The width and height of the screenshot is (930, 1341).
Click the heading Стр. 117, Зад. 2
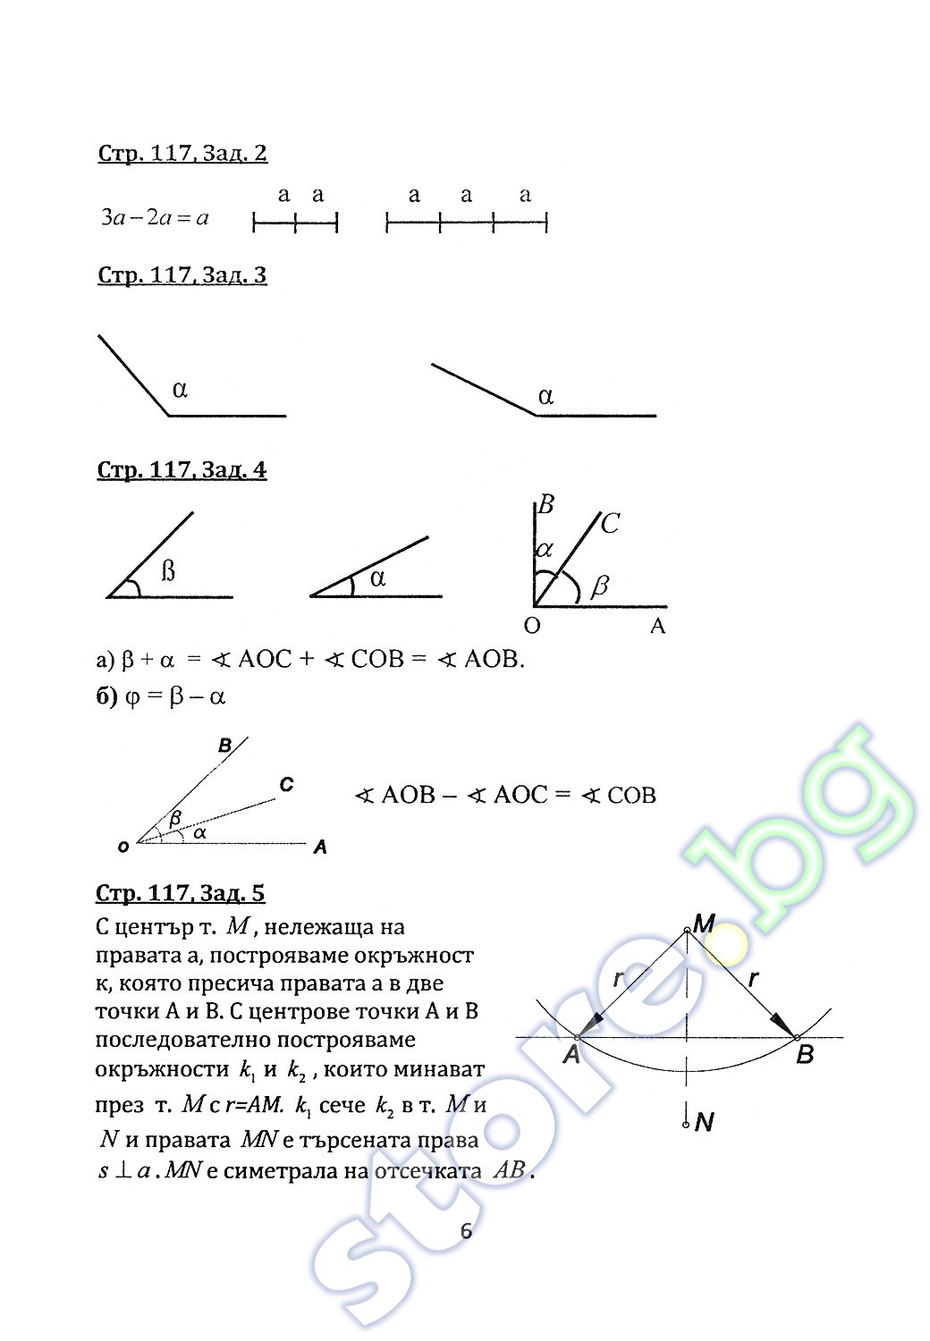[x=182, y=154]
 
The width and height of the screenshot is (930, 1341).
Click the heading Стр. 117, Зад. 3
[x=182, y=275]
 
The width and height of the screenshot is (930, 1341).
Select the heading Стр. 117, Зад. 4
[x=182, y=470]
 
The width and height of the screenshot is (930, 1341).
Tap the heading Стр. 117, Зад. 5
[x=181, y=894]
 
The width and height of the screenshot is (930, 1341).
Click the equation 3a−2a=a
[x=155, y=218]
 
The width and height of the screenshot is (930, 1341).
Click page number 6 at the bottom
[x=466, y=1232]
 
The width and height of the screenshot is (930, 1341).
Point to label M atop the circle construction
[x=705, y=923]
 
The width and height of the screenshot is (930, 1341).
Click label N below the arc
[x=705, y=1122]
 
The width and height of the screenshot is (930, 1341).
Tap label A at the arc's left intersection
[x=572, y=1056]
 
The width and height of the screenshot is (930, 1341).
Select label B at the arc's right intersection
[x=805, y=1056]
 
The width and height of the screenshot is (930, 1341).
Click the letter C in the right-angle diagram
[x=610, y=524]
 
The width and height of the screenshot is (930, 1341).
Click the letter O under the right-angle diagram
[x=532, y=627]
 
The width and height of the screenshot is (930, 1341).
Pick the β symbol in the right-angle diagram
[x=600, y=586]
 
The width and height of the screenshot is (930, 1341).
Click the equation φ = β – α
[x=161, y=696]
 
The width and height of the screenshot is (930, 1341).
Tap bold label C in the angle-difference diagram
[x=286, y=785]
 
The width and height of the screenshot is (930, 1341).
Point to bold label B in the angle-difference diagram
[x=225, y=746]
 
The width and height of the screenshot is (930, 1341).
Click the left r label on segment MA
[x=619, y=980]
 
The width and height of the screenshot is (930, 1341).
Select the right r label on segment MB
[x=754, y=979]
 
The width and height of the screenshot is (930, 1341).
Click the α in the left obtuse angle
[x=180, y=390]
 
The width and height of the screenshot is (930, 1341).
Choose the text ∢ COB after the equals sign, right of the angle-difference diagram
[x=619, y=796]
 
